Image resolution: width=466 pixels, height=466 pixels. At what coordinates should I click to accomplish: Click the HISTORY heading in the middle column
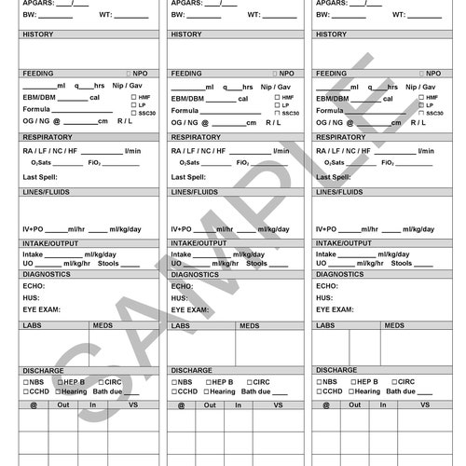point(186,34)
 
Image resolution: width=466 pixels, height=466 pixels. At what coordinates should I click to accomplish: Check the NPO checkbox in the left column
point(129,73)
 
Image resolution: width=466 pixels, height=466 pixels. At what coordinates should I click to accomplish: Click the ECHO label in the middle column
point(181,286)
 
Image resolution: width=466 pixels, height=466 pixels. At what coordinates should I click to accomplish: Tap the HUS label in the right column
point(324,298)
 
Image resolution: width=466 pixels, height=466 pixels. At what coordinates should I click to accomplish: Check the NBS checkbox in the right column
point(320,382)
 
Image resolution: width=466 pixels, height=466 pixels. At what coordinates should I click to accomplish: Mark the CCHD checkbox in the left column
point(26,392)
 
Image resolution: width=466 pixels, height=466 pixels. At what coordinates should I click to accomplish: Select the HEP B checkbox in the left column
point(60,382)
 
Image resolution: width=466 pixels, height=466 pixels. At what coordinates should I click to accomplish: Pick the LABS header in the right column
point(325,325)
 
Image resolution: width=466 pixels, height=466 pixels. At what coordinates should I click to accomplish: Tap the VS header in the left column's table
point(133,404)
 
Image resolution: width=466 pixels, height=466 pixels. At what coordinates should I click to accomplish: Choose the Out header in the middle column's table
point(210,404)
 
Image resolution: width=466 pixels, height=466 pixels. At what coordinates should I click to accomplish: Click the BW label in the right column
point(322,15)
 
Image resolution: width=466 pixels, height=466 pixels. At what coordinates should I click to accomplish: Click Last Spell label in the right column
point(335,176)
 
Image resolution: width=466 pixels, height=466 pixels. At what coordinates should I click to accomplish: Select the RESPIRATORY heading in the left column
point(54,137)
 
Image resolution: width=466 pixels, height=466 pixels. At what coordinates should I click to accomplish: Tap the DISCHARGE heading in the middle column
point(192,370)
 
